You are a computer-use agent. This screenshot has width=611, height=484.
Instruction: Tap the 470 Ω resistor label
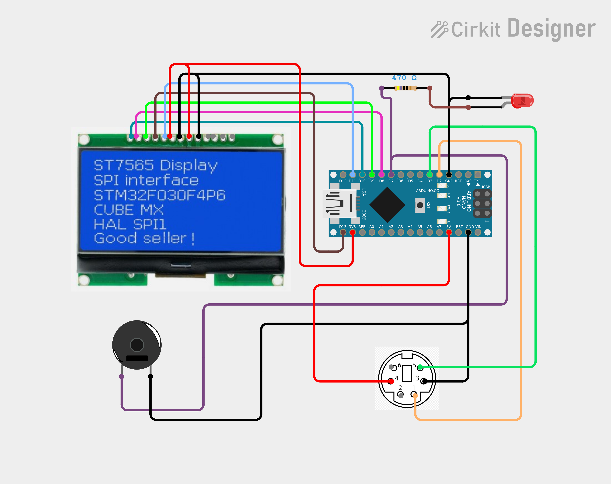pyautogui.click(x=404, y=78)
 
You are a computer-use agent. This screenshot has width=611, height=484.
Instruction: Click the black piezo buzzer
pyautogui.click(x=137, y=345)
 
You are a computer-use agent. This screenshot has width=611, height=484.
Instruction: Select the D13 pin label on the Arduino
pyautogui.click(x=343, y=227)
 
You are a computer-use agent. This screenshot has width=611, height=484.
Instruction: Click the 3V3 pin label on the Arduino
pyautogui.click(x=352, y=227)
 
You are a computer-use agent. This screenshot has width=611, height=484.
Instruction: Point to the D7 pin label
pyautogui.click(x=391, y=181)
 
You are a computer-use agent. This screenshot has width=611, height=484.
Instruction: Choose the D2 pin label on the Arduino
pyautogui.click(x=439, y=181)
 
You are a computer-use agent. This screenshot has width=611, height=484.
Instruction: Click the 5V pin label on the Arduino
pyautogui.click(x=449, y=227)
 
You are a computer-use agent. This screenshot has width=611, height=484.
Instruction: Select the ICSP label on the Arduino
pyautogui.click(x=486, y=187)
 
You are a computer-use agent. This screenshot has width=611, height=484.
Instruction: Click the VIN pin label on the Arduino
pyautogui.click(x=478, y=227)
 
